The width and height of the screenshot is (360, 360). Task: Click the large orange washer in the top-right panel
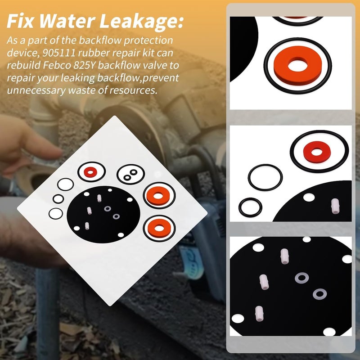[x=297, y=65]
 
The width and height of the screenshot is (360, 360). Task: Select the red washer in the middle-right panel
[x=319, y=150]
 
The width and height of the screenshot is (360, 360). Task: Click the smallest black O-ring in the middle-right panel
[x=250, y=207]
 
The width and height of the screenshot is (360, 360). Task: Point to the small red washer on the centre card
[x=91, y=171]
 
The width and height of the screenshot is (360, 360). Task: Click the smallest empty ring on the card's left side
[x=58, y=198]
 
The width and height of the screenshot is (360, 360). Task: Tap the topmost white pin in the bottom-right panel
[x=284, y=256]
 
